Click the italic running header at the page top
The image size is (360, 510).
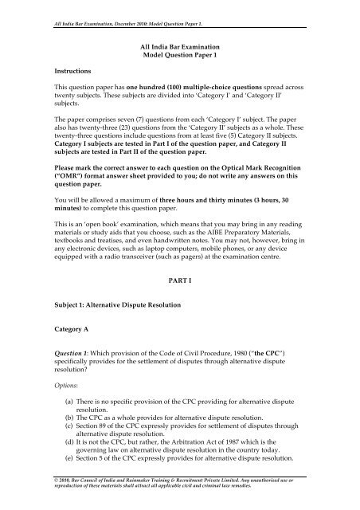click(119, 8)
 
